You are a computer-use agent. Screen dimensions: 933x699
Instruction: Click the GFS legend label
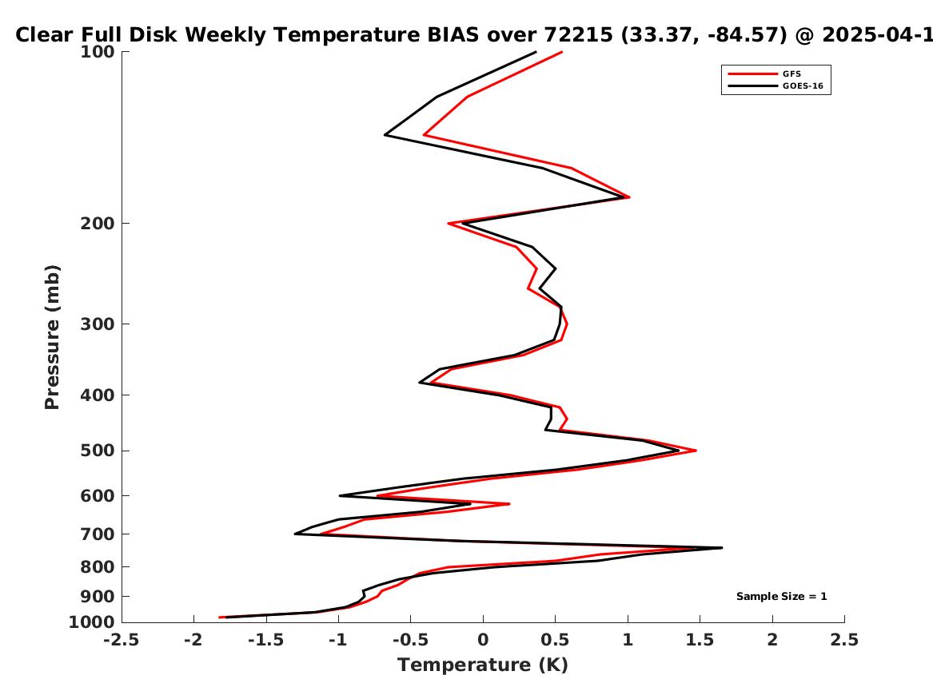point(791,73)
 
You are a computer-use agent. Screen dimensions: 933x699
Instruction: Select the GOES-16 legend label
point(803,85)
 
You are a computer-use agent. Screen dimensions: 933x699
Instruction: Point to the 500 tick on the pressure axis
point(98,451)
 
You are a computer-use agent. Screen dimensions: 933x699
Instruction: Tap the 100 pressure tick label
point(98,52)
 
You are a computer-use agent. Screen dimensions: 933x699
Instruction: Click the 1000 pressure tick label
point(92,622)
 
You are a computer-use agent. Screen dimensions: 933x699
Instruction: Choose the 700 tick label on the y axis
point(98,534)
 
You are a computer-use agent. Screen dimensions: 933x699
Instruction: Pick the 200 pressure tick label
point(98,224)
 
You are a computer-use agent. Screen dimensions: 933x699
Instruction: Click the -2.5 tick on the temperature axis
point(122,640)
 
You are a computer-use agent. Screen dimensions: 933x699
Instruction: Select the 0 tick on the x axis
point(483,640)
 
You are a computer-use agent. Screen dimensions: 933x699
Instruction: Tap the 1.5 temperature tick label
point(700,640)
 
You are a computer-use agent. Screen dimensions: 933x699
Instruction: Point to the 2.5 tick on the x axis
point(844,640)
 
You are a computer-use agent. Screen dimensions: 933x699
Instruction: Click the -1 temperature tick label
point(338,640)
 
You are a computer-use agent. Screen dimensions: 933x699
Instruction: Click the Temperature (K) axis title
point(483,665)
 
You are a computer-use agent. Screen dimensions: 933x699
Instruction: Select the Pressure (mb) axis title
point(52,337)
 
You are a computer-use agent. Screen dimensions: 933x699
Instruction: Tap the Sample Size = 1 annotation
point(781,596)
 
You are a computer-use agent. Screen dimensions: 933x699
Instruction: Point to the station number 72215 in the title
point(579,35)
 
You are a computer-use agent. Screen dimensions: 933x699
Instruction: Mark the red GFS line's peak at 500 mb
point(696,451)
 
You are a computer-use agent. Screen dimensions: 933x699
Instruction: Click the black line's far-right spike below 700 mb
point(722,547)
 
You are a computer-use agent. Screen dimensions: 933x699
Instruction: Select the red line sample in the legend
point(752,73)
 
